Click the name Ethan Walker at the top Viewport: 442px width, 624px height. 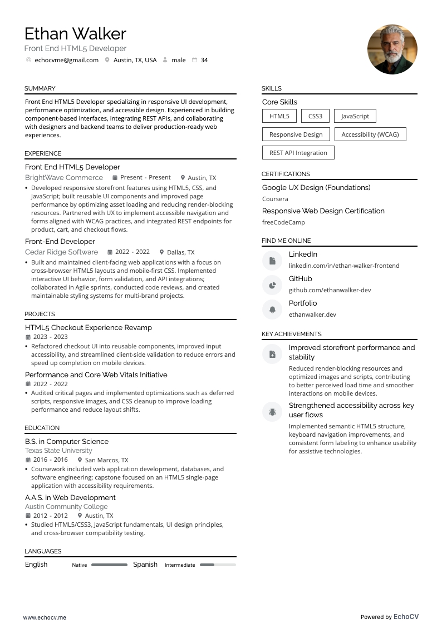pos(75,34)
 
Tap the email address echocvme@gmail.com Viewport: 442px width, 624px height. pos(66,60)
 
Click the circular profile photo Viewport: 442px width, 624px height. pos(392,49)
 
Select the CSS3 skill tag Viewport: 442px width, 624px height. pos(315,116)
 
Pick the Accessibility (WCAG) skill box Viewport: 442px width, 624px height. pos(370,134)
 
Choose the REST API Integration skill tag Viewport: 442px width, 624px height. pos(298,153)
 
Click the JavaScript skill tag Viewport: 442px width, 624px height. pos(355,116)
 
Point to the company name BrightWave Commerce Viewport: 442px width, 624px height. pos(64,178)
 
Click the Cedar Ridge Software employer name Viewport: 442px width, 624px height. pos(61,252)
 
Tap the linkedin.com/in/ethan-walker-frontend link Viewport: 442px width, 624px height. pos(343,266)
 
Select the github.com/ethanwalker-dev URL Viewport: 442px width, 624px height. pos(330,290)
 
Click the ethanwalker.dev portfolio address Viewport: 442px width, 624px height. pos(312,315)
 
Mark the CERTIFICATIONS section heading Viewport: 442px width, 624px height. pos(286,174)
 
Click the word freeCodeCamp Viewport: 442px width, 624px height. pos(283,222)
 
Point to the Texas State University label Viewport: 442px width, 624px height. pos(58,451)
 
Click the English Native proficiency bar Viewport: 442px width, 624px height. pos(109,565)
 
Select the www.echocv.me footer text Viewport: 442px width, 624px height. pos(45,617)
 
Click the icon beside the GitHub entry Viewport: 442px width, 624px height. pos(272,285)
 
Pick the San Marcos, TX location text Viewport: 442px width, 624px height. pos(106,460)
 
